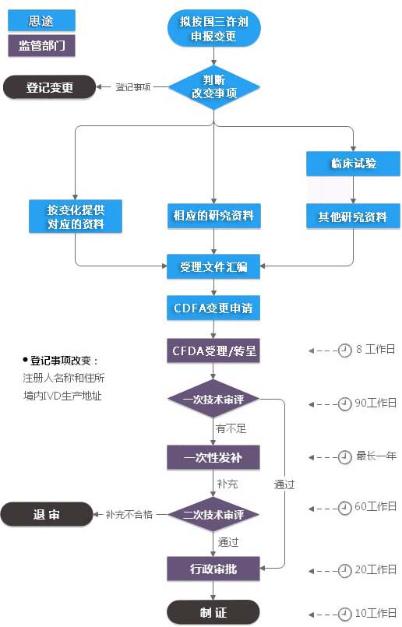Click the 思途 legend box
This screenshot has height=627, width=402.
(x=41, y=20)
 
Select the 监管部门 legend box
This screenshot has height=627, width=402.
(x=41, y=45)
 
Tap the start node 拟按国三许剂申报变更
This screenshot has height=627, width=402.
(x=213, y=28)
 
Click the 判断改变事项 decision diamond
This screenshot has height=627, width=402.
(x=213, y=86)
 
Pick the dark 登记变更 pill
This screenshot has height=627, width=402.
(x=50, y=87)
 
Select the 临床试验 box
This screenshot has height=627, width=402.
(x=353, y=163)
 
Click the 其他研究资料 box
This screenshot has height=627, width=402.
(x=353, y=216)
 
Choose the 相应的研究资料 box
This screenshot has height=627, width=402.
(x=213, y=216)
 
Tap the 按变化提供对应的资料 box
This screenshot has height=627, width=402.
(x=76, y=216)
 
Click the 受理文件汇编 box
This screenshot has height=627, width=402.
(x=213, y=266)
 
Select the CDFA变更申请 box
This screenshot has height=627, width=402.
(x=213, y=308)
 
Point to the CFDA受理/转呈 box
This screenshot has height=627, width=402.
(x=213, y=350)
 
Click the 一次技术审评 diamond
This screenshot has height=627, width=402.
(x=213, y=399)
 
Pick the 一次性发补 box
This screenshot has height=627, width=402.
(x=213, y=457)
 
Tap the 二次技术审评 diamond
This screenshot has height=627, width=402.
(x=213, y=514)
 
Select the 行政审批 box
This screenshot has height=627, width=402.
(x=213, y=569)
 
